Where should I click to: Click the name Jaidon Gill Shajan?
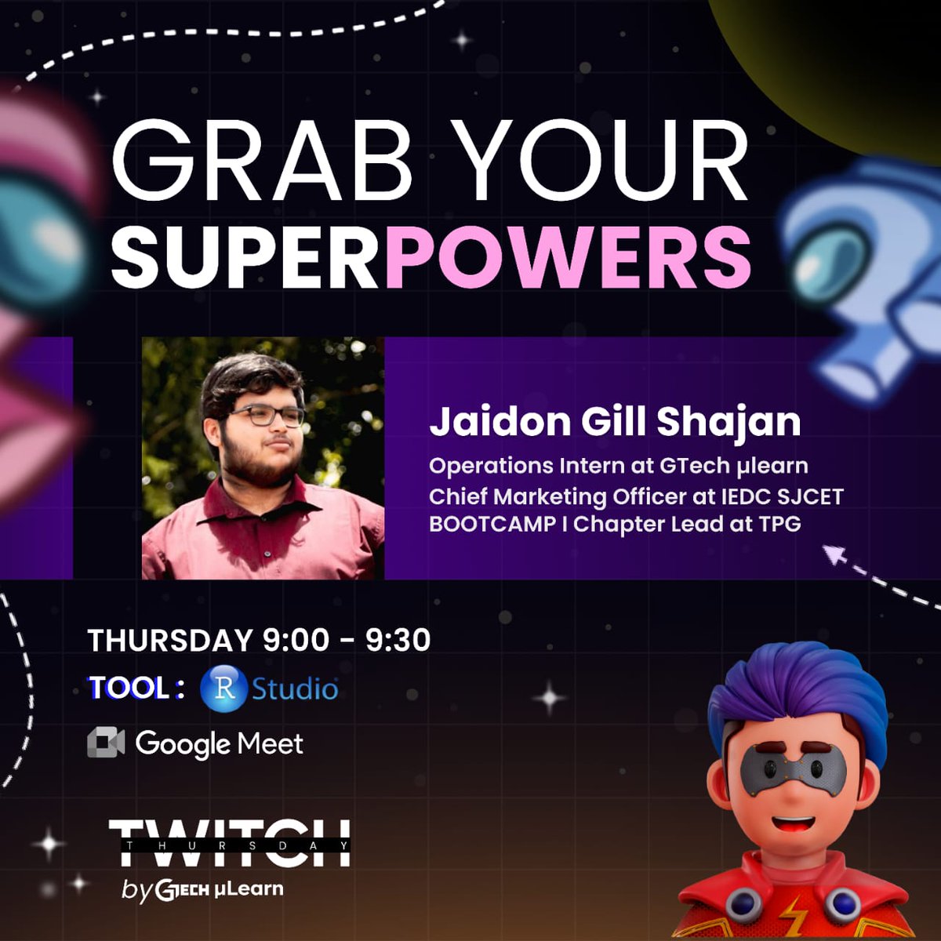point(615,422)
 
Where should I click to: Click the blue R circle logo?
point(224,688)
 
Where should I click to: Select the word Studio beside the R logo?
point(295,688)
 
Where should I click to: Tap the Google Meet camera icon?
point(106,743)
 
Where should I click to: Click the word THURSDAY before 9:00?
point(170,640)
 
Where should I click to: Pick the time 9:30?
point(398,640)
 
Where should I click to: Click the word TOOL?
point(129,688)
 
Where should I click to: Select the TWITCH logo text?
point(229,843)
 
